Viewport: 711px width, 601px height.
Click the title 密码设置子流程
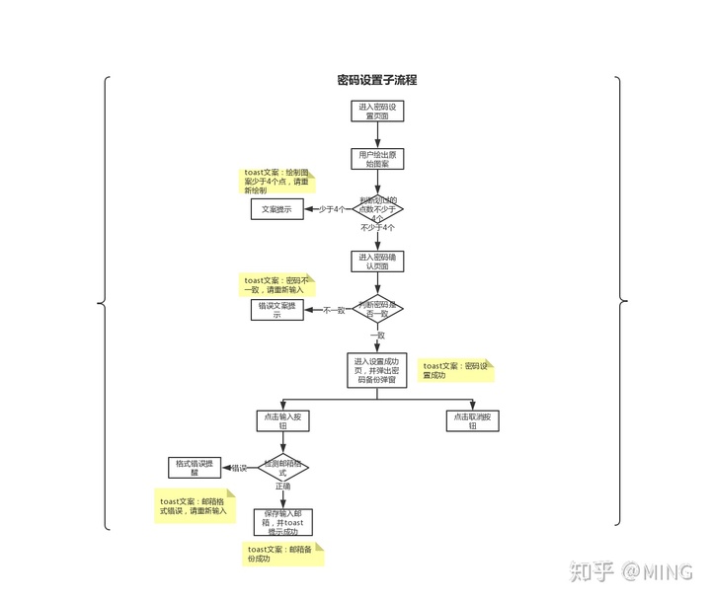pos(377,80)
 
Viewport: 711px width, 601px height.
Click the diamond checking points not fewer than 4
pos(378,208)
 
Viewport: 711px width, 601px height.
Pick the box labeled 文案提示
pos(276,209)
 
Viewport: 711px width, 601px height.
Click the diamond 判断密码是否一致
pos(378,310)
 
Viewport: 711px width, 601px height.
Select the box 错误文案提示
pos(276,310)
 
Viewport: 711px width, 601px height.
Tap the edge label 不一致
pos(334,310)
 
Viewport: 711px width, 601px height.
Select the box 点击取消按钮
pos(474,419)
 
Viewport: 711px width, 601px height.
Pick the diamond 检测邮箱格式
pos(283,467)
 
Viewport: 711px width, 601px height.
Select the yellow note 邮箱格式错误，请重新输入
pos(196,506)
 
